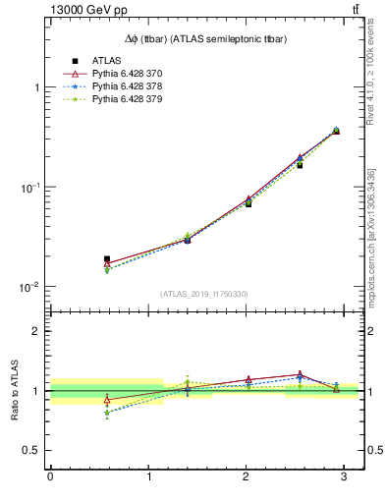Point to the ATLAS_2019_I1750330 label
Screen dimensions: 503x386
pos(203,293)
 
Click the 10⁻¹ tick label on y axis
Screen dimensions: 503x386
pos(30,187)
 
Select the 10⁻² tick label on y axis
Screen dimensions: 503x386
pos(30,287)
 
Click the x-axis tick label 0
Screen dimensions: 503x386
pos(50,478)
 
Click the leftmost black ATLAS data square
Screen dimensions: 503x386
pos(107,259)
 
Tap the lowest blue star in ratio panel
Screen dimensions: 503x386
pos(107,413)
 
